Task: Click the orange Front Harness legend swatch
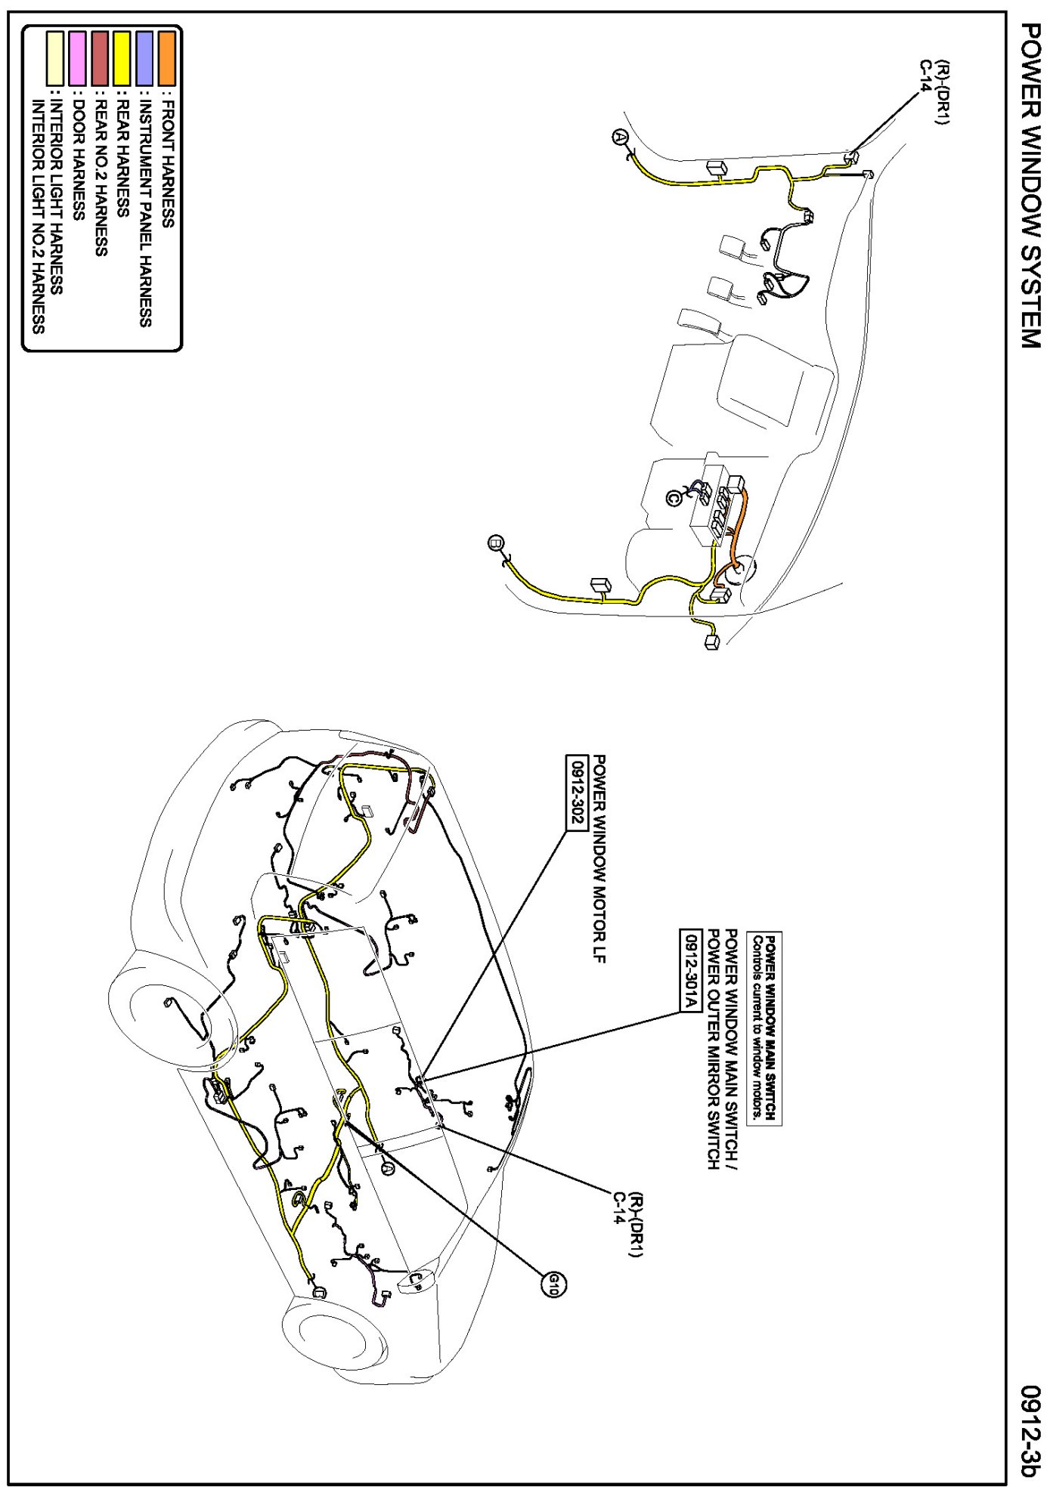(167, 57)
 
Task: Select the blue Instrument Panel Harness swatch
(144, 57)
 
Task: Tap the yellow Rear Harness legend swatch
(122, 57)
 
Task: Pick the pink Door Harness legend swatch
(77, 57)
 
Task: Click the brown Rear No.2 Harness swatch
(100, 57)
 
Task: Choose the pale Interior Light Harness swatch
(55, 57)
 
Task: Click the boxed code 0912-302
(578, 792)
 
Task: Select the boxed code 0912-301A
(690, 971)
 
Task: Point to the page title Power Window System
(1030, 185)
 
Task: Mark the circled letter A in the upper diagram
(620, 137)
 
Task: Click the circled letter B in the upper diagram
(496, 542)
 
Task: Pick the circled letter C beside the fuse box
(674, 498)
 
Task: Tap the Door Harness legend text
(77, 158)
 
